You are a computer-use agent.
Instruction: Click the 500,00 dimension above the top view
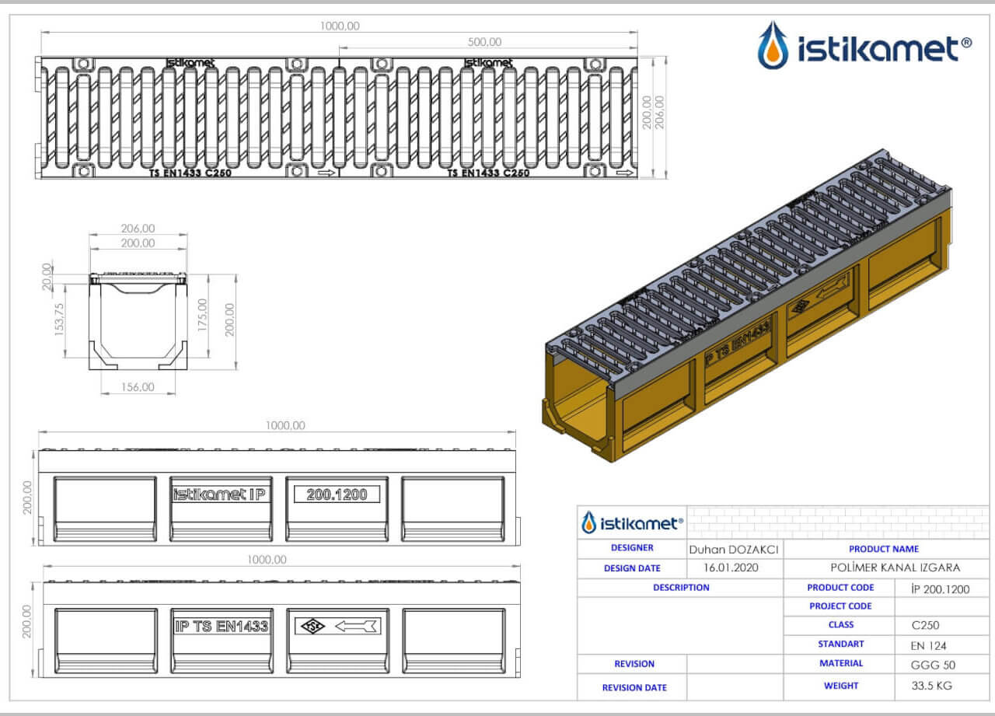484,42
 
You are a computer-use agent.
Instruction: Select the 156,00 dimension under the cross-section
138,387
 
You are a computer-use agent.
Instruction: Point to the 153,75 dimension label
59,320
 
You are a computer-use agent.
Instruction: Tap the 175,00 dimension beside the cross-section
202,315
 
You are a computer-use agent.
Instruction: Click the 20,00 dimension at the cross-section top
47,277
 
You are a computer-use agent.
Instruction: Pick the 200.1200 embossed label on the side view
337,494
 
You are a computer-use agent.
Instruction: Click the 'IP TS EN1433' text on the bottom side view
222,627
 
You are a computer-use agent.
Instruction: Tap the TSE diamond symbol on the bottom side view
312,627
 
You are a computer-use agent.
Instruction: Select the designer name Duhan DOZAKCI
733,550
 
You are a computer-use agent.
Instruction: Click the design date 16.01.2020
731,568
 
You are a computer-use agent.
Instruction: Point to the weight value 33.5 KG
931,686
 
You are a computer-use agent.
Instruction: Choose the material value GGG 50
933,665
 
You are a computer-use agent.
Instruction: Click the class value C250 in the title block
925,625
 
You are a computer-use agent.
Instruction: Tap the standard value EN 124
928,645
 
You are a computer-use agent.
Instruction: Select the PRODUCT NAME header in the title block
884,549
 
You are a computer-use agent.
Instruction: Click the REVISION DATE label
634,687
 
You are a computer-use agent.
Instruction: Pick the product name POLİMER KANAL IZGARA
895,568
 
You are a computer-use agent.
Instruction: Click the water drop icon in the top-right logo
773,45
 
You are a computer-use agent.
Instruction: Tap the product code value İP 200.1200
940,589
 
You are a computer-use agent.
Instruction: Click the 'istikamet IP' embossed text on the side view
219,494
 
